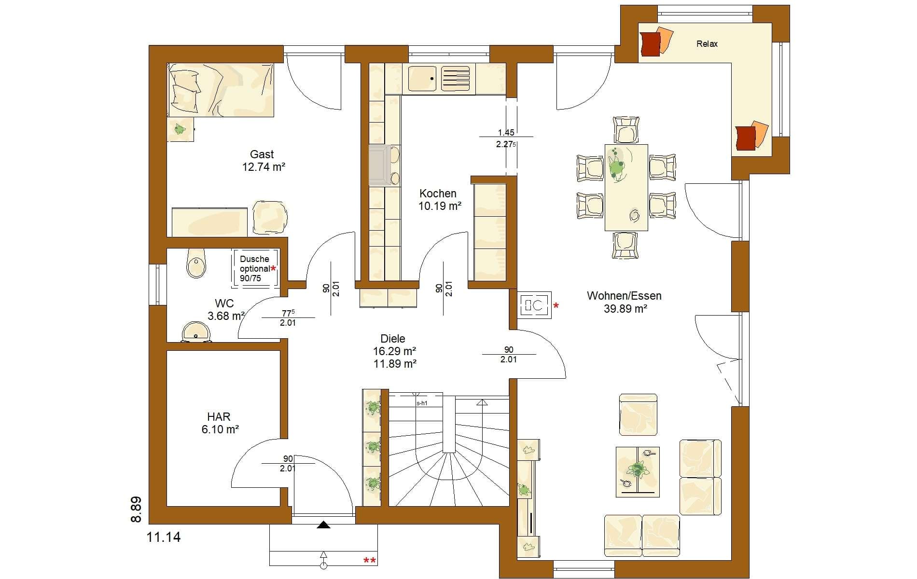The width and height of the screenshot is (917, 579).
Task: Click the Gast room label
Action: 262,154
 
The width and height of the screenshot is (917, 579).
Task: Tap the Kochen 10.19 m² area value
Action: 440,206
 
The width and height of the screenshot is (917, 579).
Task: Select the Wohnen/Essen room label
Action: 624,296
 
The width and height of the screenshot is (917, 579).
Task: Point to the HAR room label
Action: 219,416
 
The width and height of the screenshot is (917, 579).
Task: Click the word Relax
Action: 707,44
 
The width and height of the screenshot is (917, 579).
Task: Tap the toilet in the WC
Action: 195,262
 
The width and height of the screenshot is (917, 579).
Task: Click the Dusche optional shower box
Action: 255,269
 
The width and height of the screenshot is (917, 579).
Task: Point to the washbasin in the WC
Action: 196,332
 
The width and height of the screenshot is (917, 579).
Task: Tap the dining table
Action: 626,187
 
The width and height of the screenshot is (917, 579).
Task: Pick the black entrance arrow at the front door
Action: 323,524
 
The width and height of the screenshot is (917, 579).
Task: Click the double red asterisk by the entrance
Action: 370,560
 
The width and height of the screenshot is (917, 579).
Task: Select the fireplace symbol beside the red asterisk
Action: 535,305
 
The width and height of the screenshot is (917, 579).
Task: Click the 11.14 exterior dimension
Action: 164,537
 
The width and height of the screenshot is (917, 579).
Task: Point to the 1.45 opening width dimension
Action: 506,132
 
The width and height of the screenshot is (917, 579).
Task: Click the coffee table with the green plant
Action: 638,471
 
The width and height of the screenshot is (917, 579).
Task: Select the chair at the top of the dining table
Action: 626,129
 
